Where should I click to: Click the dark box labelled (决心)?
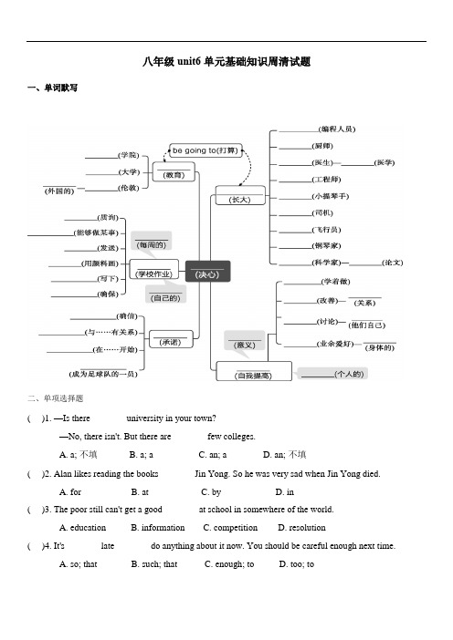tap(207, 271)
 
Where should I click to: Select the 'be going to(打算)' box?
tap(205, 150)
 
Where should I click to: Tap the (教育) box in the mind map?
tap(174, 171)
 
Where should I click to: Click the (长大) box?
tap(240, 195)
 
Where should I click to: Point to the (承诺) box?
tap(170, 339)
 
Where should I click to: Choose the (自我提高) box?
tap(254, 371)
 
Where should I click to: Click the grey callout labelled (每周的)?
tap(152, 242)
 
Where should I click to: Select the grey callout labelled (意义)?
tap(245, 341)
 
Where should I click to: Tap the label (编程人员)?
tap(337, 129)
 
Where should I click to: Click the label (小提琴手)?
tap(331, 196)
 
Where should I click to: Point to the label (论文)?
tap(393, 263)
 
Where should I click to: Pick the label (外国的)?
tap(59, 191)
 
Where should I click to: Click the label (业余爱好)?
tap(335, 344)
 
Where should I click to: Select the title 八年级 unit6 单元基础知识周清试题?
tap(226, 62)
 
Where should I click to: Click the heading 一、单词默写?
tap(52, 88)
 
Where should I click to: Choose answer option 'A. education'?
tap(82, 528)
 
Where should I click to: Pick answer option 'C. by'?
tap(211, 492)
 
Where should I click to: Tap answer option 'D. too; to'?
tap(297, 564)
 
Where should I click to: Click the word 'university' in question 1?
tap(144, 418)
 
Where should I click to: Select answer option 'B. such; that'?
tap(154, 564)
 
